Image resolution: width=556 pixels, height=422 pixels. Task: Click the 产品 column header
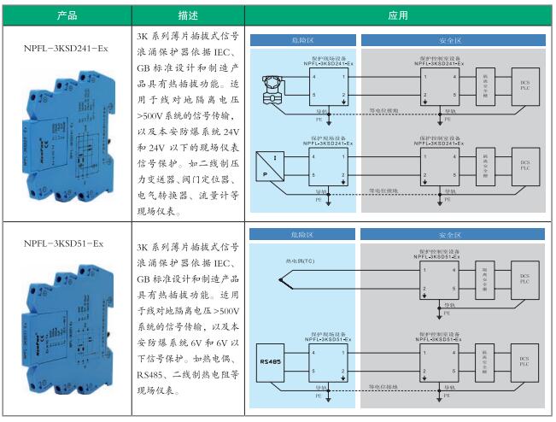(66, 15)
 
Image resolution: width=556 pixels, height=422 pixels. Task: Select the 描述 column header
(190, 15)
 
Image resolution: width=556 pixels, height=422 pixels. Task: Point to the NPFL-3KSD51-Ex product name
(65, 243)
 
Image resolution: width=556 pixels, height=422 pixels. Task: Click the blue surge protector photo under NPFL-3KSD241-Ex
(67, 137)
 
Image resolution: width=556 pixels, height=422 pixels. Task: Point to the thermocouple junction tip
(282, 280)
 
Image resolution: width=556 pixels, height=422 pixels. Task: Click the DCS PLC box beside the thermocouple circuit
(524, 279)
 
